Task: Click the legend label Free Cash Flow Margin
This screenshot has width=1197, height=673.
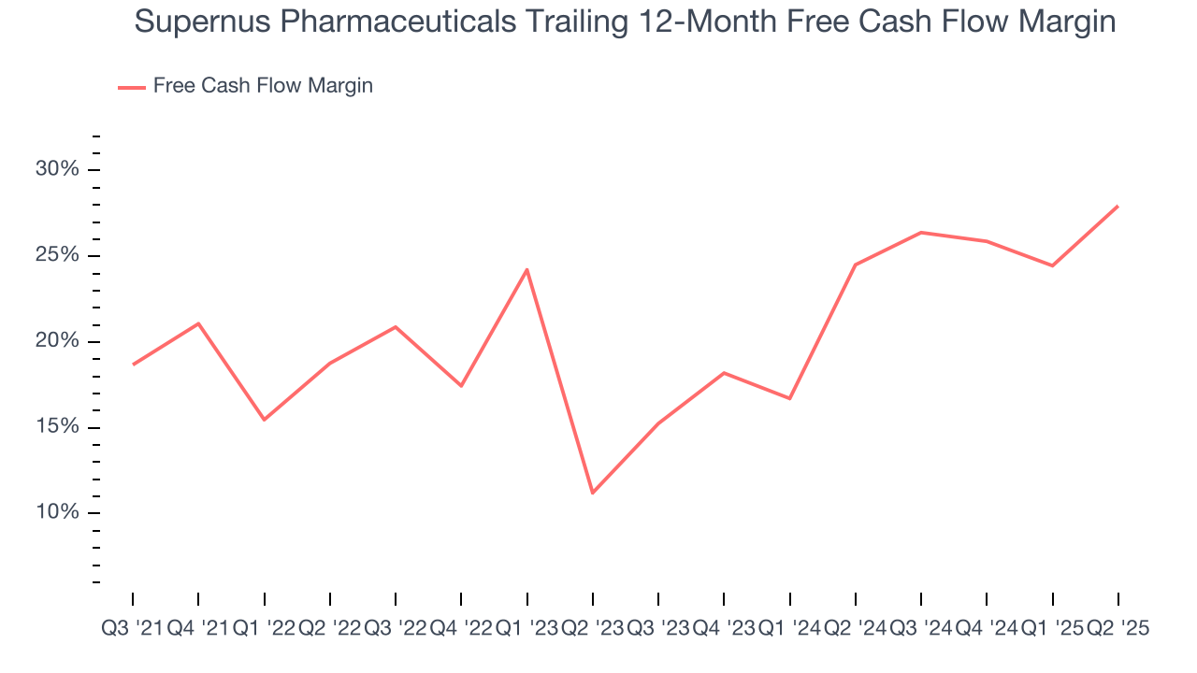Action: (x=263, y=86)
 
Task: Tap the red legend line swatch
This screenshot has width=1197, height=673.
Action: (x=131, y=87)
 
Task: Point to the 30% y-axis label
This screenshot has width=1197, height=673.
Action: (x=57, y=169)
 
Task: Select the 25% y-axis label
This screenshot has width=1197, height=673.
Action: (x=57, y=255)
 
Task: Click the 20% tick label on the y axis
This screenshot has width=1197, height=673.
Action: (x=57, y=341)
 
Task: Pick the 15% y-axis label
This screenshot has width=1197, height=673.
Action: (x=57, y=427)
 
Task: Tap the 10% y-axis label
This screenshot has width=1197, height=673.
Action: (x=57, y=512)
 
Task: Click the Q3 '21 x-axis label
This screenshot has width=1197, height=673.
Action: (x=132, y=629)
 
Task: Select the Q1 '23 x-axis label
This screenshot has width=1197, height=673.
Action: (x=526, y=629)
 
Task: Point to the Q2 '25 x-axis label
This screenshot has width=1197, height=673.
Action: (x=1118, y=629)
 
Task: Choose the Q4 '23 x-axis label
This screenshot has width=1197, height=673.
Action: (x=724, y=629)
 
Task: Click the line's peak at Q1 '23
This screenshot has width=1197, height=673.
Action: (x=527, y=269)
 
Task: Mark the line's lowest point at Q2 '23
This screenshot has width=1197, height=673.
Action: (x=593, y=493)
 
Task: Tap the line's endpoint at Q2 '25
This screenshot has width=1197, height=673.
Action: (x=1118, y=206)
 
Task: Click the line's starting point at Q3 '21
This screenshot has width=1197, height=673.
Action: (x=133, y=365)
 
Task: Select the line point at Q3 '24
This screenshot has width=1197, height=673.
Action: (x=921, y=232)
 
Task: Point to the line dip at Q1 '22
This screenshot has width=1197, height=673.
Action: (x=264, y=420)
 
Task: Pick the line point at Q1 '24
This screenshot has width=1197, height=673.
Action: (x=790, y=398)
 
